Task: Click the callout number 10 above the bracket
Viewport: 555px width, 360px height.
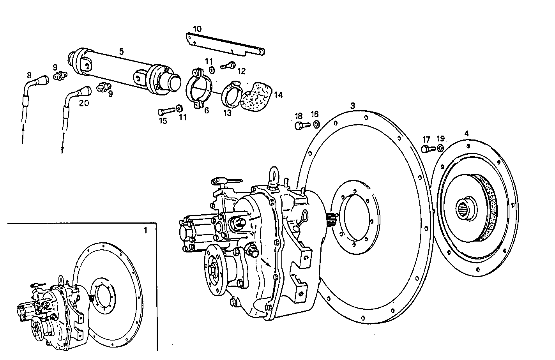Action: (x=197, y=29)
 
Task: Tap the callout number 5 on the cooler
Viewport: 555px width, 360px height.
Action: (x=121, y=51)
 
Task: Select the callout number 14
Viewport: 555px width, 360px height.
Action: (x=278, y=95)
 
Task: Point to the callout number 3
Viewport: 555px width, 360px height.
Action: (x=352, y=106)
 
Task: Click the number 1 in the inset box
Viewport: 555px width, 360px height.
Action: (x=145, y=230)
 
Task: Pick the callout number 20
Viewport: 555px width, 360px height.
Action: (x=84, y=103)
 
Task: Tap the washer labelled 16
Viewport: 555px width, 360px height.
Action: (x=316, y=124)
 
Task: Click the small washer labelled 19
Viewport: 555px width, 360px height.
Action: (x=440, y=148)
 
